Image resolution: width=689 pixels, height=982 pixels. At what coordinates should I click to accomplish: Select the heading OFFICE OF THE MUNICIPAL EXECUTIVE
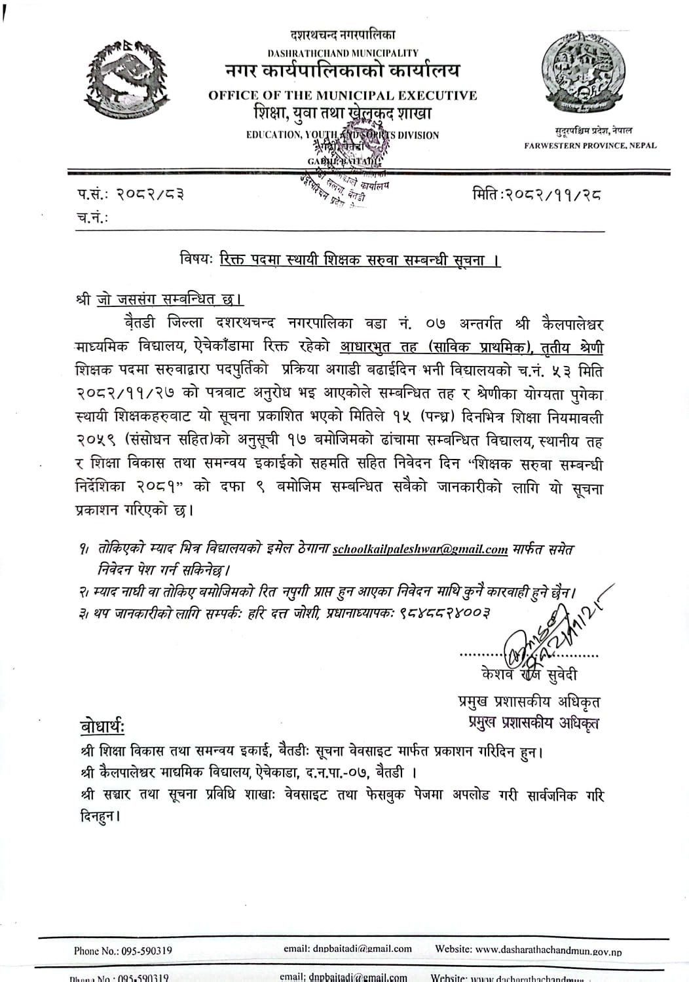click(x=343, y=96)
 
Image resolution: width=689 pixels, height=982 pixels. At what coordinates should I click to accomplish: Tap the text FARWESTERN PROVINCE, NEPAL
click(x=589, y=145)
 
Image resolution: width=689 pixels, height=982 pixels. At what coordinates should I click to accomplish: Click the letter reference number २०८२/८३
click(x=150, y=194)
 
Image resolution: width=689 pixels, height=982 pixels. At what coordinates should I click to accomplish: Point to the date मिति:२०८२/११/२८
click(x=536, y=194)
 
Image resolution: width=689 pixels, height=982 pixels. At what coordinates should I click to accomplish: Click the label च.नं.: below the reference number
click(x=92, y=218)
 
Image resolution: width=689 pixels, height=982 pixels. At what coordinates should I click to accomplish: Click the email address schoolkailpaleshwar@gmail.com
click(x=420, y=550)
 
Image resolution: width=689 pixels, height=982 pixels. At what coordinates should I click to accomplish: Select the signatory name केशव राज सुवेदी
click(x=529, y=674)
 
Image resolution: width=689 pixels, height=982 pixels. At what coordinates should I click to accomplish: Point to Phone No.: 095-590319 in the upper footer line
click(x=123, y=951)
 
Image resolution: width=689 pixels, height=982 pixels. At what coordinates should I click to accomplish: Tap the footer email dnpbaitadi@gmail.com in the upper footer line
click(x=347, y=949)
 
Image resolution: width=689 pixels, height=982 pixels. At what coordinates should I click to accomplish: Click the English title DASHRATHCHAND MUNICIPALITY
click(x=343, y=52)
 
